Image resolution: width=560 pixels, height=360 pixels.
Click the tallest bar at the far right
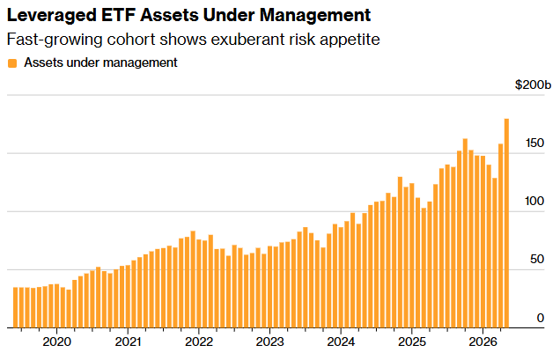coord(506,224)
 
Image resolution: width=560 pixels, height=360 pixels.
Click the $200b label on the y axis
coord(533,85)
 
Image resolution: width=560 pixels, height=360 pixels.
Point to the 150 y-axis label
coord(534,143)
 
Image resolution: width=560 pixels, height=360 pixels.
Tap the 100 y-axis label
coord(534,202)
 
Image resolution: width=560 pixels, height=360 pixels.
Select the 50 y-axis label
coord(537,260)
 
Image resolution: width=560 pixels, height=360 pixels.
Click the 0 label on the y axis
coord(541,318)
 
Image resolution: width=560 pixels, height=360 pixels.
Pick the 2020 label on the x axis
coord(56,342)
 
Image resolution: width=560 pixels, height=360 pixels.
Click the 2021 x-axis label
coord(128,342)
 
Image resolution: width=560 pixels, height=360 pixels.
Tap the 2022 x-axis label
coord(199,342)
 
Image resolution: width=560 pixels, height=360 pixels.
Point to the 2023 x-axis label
coord(270,342)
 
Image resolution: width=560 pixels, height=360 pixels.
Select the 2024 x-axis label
coord(341,342)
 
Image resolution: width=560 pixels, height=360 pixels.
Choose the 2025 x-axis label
coord(412,342)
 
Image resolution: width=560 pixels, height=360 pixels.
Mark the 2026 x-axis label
coord(483,342)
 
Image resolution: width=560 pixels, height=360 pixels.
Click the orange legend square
coord(12,63)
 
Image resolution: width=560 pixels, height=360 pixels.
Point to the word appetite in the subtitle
coord(350,40)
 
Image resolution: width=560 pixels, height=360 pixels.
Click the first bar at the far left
coord(15,307)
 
